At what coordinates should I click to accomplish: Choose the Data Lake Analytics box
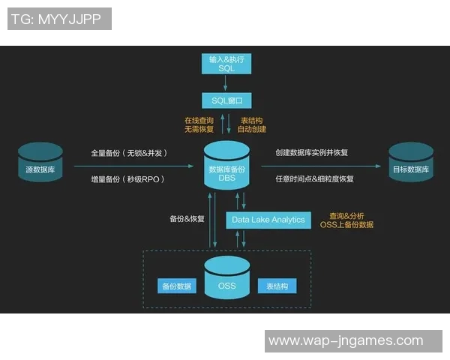click(268, 220)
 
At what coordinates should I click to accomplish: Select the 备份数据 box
click(176, 286)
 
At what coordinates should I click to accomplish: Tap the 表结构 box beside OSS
click(277, 286)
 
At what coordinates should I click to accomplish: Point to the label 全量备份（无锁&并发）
click(128, 153)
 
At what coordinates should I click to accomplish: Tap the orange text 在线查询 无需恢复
click(199, 124)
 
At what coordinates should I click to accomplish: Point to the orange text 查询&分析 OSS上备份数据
click(346, 220)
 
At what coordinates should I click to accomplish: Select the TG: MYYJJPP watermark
click(60, 19)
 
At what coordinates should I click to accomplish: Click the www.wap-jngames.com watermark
click(346, 340)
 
